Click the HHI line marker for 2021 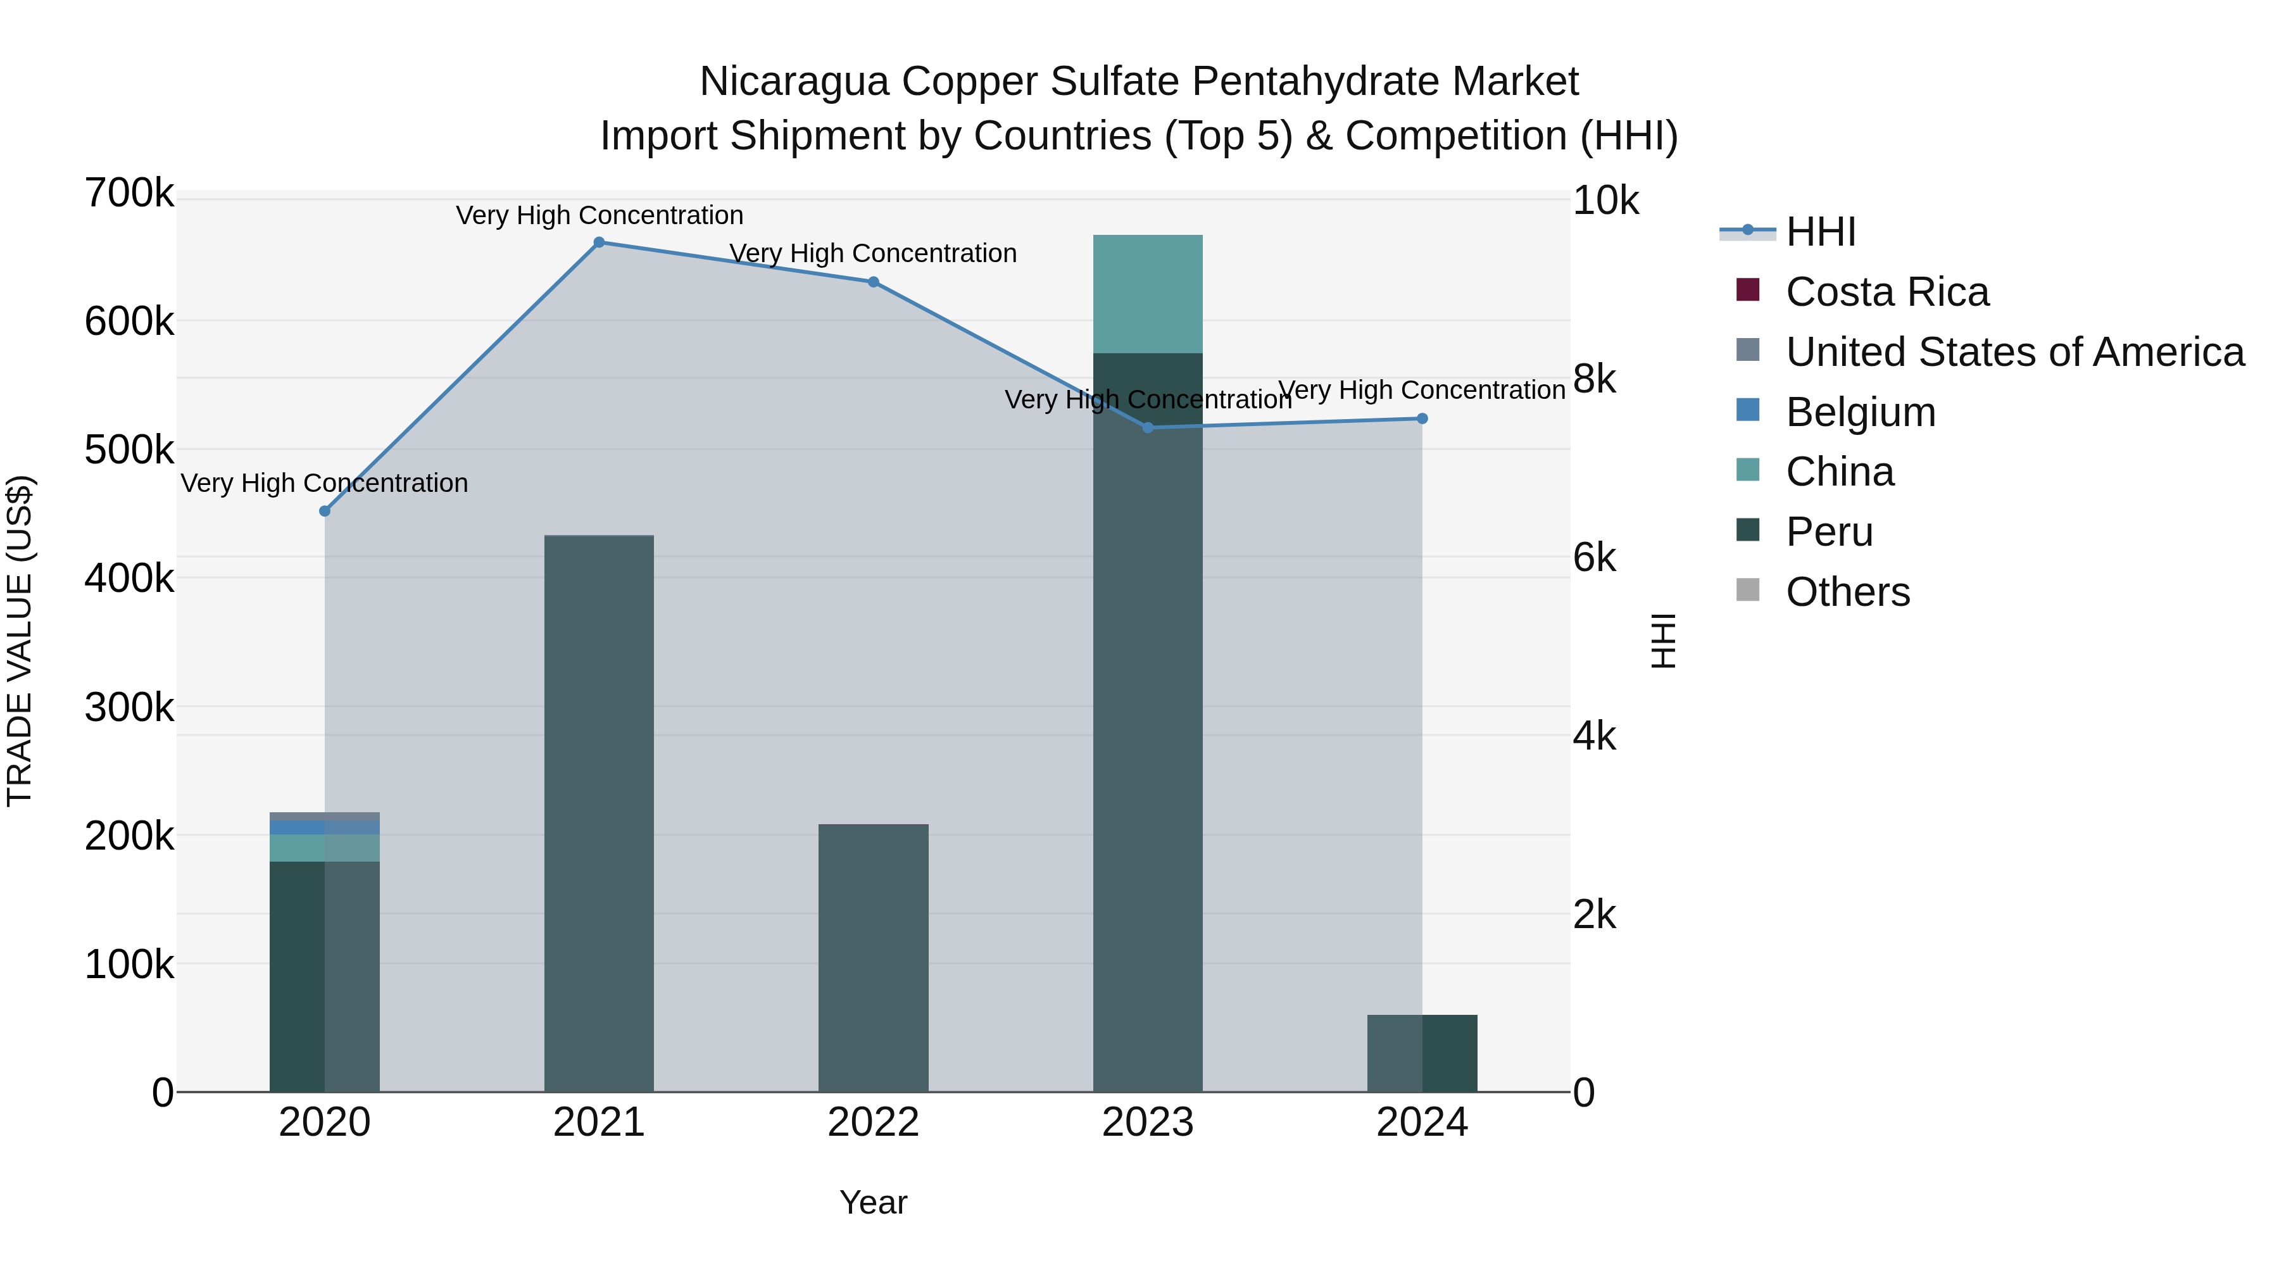point(599,242)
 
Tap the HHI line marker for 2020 point(325,512)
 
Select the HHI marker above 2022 point(873,282)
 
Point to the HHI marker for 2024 point(1422,418)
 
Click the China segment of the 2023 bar point(1148,294)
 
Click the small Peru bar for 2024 point(1422,1053)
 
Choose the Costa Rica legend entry point(1887,292)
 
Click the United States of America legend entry point(2014,352)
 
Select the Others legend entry point(1847,592)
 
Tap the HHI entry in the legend point(1820,232)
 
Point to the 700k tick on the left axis point(129,194)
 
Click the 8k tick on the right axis point(1593,380)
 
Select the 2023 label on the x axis point(1148,1122)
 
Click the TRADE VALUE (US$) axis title point(20,641)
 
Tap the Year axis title point(873,1202)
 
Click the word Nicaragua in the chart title point(794,82)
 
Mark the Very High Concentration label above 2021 point(599,215)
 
